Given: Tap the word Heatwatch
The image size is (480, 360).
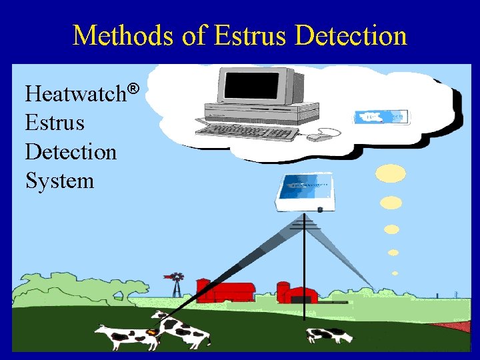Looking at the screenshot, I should [x=75, y=94].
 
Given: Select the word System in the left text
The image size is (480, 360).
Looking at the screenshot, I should [x=59, y=180].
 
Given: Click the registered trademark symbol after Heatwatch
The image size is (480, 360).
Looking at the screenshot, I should [x=133, y=88].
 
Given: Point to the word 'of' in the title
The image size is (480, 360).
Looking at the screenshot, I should [x=193, y=35].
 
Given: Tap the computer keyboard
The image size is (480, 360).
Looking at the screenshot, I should [x=247, y=131].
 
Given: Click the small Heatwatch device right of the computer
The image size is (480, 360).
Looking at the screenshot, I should [x=382, y=117].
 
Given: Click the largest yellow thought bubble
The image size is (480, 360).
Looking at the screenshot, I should [x=390, y=173].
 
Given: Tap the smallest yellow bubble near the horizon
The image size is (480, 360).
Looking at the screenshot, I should [x=395, y=273].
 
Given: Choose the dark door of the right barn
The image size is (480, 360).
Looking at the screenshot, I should [x=304, y=298].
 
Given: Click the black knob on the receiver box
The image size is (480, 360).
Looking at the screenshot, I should [x=321, y=210].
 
